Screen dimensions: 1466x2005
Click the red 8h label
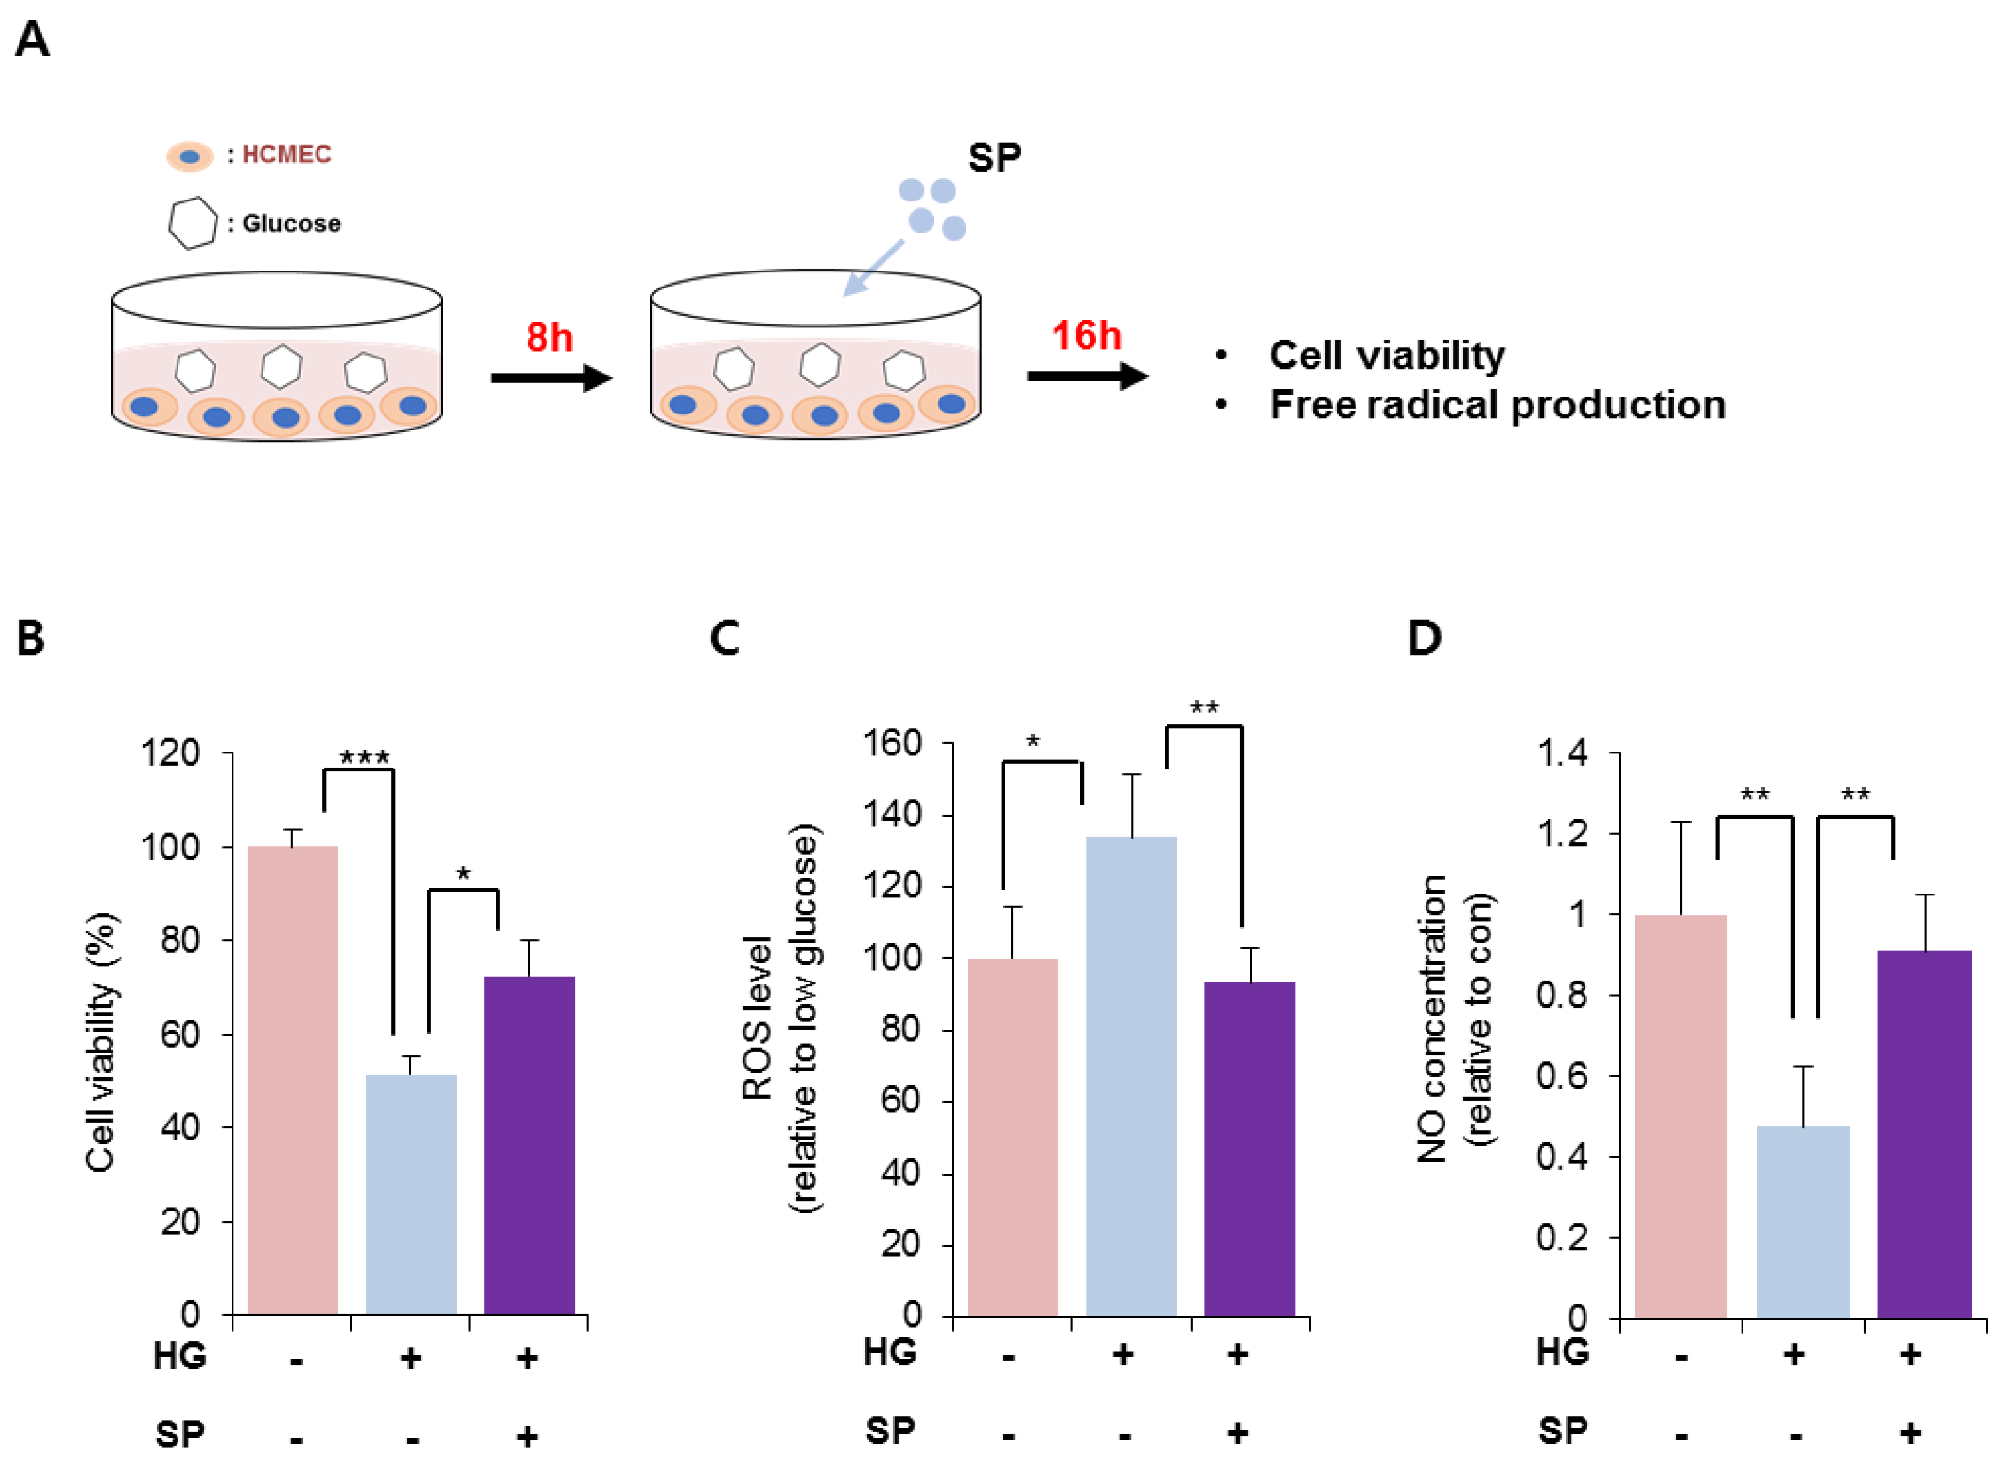pos(549,337)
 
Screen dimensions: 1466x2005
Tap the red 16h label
pos(1086,335)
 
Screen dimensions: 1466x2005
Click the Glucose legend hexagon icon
pos(193,223)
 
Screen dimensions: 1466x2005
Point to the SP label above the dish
pos(994,158)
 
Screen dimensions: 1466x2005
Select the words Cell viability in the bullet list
pos(1386,355)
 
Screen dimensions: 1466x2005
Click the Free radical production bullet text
pos(1497,405)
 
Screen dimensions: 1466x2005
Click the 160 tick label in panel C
pos(892,742)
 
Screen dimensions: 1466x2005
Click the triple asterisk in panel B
pos(365,757)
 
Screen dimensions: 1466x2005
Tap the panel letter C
pos(725,638)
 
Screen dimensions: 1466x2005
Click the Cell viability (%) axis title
pos(100,1042)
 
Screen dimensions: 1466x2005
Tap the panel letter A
pos(32,40)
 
